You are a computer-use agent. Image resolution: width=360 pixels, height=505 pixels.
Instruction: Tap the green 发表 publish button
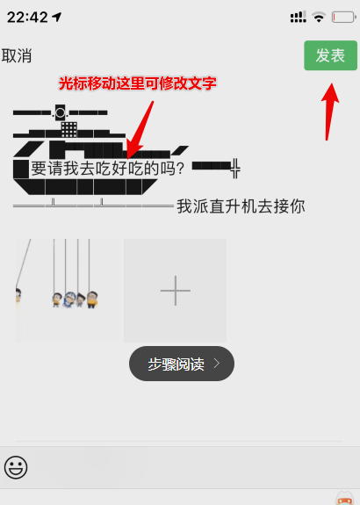click(330, 55)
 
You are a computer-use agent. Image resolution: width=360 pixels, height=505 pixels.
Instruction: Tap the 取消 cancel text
click(17, 55)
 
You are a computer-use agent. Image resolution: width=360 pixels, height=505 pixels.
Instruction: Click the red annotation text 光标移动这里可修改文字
click(138, 83)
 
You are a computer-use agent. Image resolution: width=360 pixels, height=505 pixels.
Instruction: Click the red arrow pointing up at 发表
click(330, 112)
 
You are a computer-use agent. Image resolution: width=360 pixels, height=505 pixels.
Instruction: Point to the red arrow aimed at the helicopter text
click(140, 130)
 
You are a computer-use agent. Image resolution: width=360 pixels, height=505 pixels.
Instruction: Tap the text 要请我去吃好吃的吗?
click(107, 168)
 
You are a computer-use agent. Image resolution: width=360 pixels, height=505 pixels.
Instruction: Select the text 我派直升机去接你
click(241, 206)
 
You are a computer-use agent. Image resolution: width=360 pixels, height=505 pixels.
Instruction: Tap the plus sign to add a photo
click(175, 291)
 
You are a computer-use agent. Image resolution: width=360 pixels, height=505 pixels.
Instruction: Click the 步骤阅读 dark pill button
click(182, 364)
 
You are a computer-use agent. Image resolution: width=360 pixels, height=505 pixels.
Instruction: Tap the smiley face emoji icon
click(16, 467)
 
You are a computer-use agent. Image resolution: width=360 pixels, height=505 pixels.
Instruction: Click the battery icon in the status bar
click(344, 17)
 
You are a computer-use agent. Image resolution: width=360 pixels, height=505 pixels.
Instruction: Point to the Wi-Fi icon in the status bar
click(319, 17)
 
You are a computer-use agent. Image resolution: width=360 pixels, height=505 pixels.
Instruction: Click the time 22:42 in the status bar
click(27, 17)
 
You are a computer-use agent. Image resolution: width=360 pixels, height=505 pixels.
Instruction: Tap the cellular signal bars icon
click(299, 17)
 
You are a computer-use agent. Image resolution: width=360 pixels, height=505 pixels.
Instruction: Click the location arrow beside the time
click(57, 17)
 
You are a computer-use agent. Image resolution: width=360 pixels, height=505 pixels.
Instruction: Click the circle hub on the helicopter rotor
click(60, 112)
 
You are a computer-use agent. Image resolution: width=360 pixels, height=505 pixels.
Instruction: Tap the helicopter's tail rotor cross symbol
click(235, 168)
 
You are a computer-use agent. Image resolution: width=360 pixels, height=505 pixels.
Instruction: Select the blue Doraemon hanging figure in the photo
click(69, 299)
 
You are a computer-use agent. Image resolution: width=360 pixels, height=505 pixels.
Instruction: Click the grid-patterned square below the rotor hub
click(68, 129)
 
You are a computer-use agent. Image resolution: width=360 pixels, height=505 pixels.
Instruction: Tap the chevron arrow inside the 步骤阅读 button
click(217, 364)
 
